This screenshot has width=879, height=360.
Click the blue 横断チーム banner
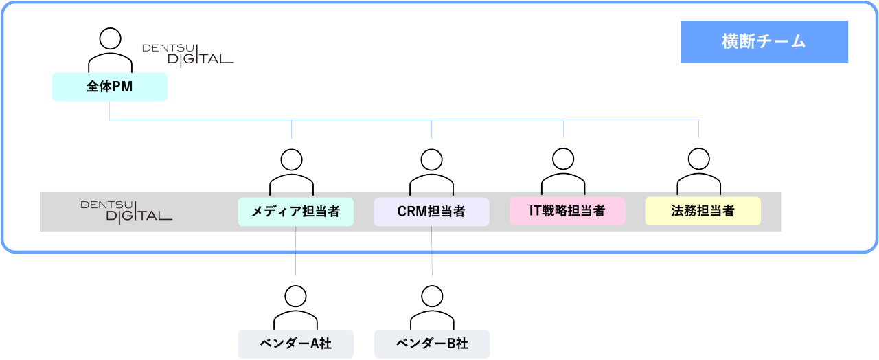point(764,42)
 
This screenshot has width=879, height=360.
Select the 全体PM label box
point(110,87)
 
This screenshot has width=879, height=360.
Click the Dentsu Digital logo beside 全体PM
point(187,54)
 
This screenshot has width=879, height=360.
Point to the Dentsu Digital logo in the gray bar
point(126,211)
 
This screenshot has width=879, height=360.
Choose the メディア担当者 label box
point(295,212)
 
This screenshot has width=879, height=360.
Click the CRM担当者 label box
point(431,212)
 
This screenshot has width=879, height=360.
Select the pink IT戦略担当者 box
point(567,211)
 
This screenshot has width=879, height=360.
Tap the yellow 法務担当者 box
point(703,211)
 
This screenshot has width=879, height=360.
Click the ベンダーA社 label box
point(295,344)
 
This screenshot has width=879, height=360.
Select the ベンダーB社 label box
point(431,344)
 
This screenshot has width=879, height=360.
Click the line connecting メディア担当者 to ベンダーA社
point(295,251)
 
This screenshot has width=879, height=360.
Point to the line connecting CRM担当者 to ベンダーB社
point(432,251)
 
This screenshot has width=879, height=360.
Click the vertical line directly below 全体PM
point(110,111)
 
